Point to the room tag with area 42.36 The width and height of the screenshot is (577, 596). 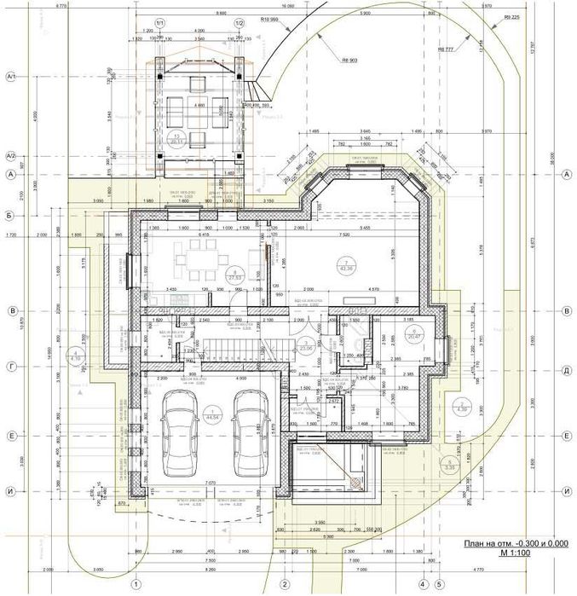(346, 264)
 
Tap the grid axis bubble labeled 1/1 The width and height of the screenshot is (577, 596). (160, 23)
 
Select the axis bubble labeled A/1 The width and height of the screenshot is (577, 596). (12, 76)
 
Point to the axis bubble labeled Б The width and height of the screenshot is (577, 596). (12, 216)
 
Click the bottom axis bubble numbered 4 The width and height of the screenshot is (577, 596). (423, 584)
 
